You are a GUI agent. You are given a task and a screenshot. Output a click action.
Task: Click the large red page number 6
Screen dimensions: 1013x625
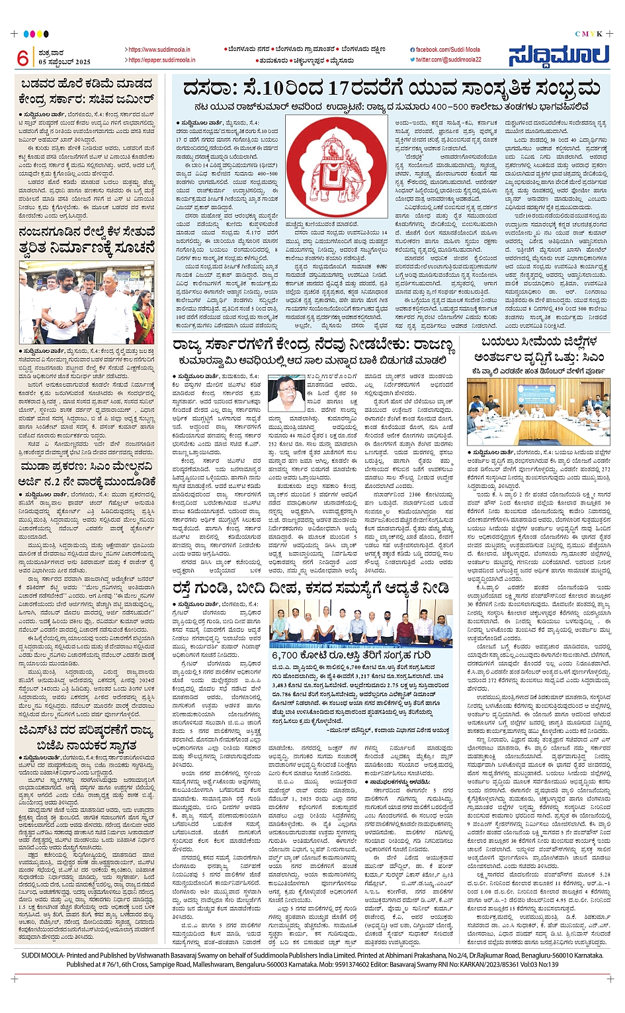pyautogui.click(x=23, y=58)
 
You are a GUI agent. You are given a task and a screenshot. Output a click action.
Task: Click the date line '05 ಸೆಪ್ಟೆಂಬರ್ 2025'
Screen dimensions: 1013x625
pyautogui.click(x=65, y=62)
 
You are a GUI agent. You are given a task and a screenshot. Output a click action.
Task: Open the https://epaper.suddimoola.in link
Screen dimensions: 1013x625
pyautogui.click(x=161, y=60)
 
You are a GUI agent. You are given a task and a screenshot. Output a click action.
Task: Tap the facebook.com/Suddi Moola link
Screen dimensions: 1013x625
pyautogui.click(x=447, y=50)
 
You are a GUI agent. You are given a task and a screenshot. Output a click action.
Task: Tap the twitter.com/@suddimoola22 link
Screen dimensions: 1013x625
pyautogui.click(x=448, y=60)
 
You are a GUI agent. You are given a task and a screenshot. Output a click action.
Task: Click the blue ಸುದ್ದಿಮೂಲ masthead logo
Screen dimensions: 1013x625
pyautogui.click(x=558, y=56)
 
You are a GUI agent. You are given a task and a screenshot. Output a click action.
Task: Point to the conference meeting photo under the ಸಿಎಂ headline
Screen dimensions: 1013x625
pyautogui.click(x=538, y=412)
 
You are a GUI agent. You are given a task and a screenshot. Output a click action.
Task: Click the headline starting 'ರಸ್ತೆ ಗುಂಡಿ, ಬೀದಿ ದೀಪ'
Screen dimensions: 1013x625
pyautogui.click(x=311, y=587)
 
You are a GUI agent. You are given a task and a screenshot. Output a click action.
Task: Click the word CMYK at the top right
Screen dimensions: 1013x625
pyautogui.click(x=587, y=34)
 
